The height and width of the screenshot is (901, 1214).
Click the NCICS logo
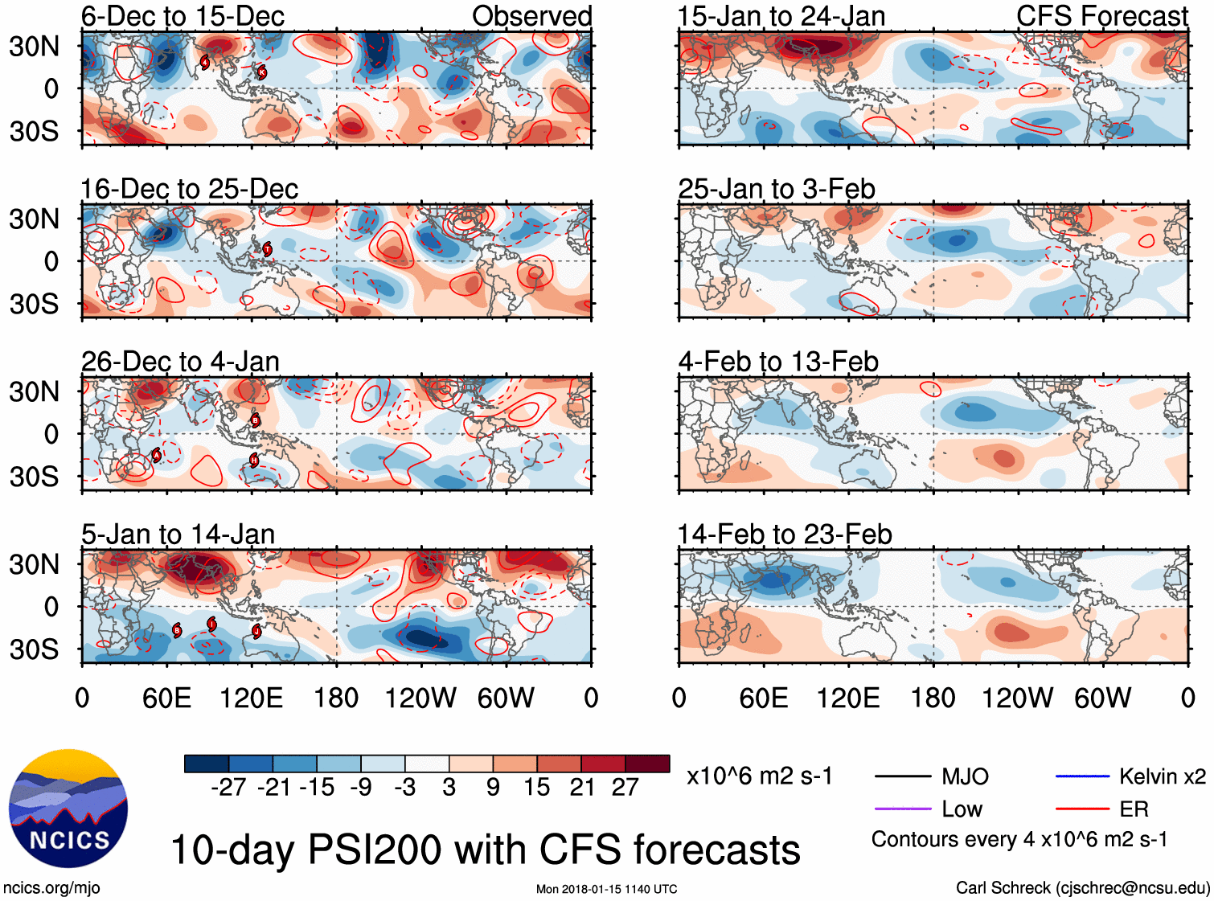tap(68, 808)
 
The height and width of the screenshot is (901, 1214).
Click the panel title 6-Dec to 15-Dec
tap(183, 16)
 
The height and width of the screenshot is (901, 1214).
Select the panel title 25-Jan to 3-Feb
tap(776, 189)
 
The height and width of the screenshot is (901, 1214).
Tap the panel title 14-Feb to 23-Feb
tap(784, 534)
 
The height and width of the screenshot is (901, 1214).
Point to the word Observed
tap(531, 16)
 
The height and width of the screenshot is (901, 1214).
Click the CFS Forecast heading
tap(1101, 16)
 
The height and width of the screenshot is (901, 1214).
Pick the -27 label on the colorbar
tap(228, 787)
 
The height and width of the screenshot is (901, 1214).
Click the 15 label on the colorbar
tap(536, 787)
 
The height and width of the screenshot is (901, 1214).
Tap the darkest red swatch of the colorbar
tap(647, 764)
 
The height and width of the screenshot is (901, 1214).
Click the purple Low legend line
tap(902, 809)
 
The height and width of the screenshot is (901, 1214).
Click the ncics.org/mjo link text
tap(51, 888)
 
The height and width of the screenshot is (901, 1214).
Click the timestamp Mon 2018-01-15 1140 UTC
tap(606, 889)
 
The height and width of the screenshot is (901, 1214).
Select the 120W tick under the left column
tap(420, 698)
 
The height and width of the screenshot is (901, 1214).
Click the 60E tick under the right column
tap(763, 698)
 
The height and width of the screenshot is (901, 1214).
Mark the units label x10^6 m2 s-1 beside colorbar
tap(759, 776)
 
